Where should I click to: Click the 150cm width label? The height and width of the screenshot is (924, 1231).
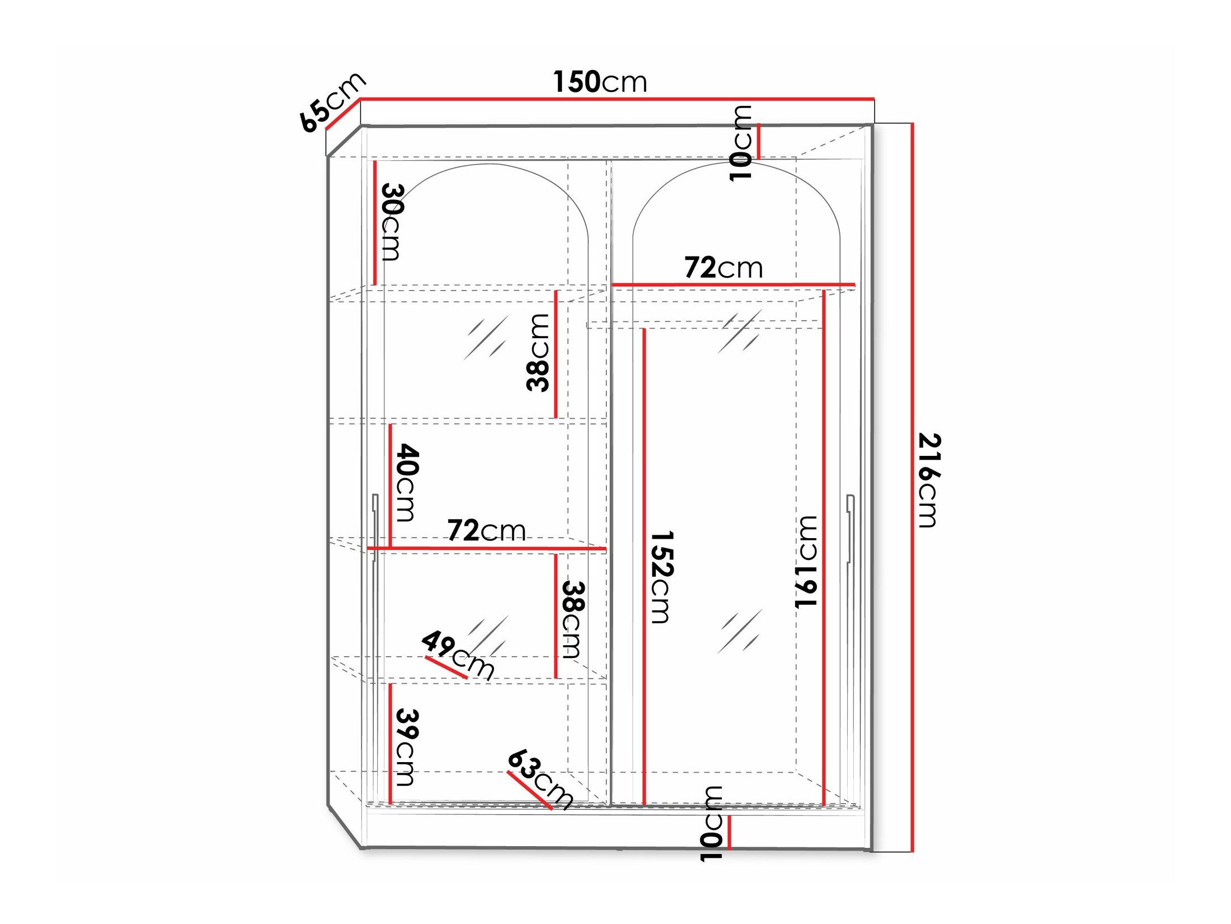click(600, 82)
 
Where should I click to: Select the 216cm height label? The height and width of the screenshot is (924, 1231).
click(929, 480)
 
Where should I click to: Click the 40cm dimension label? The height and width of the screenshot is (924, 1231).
click(407, 482)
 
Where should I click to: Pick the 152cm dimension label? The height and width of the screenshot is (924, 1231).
click(661, 577)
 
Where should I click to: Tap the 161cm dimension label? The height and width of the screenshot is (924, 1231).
click(806, 562)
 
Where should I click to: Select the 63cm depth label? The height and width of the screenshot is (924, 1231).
click(541, 779)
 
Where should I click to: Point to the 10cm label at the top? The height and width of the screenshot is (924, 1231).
click(741, 143)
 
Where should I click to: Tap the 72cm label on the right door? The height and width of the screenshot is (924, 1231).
click(723, 268)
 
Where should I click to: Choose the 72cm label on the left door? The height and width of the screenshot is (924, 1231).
click(486, 530)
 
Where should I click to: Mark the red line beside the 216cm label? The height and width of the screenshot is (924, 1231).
click(912, 487)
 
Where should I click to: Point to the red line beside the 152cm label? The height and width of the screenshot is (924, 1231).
click(644, 566)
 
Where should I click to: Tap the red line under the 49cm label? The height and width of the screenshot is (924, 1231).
click(446, 667)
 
